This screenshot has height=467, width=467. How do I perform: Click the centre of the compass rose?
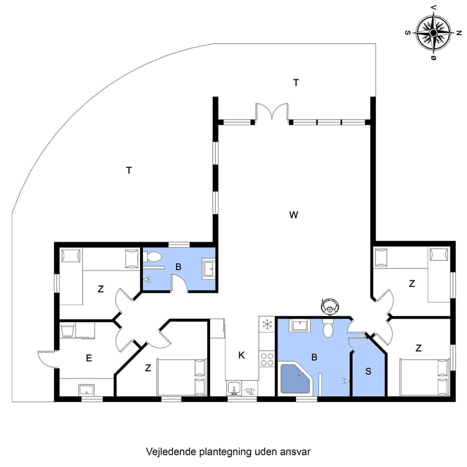(433, 33)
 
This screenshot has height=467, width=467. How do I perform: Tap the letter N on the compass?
(458, 33)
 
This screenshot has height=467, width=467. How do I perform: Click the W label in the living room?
(293, 215)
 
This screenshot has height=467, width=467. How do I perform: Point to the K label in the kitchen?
(241, 355)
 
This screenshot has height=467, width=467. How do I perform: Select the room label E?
(89, 359)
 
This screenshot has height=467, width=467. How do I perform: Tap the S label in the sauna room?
(368, 371)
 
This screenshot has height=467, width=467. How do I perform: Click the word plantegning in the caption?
(225, 451)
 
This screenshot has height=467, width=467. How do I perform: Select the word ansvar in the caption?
(296, 451)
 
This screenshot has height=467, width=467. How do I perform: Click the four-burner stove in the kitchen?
(267, 359)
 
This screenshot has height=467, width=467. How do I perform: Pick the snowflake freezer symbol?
(267, 324)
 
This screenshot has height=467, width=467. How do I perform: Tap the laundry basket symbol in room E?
(68, 330)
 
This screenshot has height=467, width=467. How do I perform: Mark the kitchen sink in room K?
(234, 389)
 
